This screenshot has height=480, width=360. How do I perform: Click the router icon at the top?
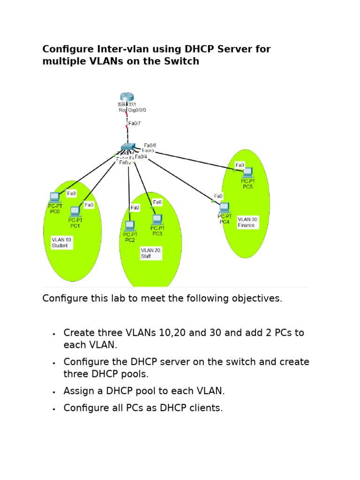click(x=127, y=97)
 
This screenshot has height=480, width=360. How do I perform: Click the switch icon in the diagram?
click(x=127, y=147)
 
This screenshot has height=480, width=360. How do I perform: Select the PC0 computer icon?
click(x=55, y=197)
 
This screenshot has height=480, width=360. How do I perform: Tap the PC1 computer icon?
click(x=75, y=211)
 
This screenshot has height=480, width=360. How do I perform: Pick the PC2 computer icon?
click(x=130, y=225)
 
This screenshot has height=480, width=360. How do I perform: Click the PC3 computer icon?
click(x=157, y=219)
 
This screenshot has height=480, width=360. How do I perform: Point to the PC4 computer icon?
click(x=225, y=207)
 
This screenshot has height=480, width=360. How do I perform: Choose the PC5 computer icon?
click(x=247, y=172)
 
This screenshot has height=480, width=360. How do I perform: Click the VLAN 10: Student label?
click(x=62, y=242)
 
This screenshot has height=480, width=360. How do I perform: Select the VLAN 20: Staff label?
click(x=151, y=253)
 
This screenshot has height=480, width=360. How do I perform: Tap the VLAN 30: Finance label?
click(x=248, y=222)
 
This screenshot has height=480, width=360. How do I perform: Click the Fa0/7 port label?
click(x=135, y=124)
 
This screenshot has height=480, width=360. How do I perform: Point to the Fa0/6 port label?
click(x=150, y=146)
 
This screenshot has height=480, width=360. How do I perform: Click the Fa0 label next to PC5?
click(x=240, y=165)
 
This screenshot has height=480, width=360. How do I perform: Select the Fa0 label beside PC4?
click(x=218, y=196)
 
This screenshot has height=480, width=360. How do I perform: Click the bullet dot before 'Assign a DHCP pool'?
click(x=54, y=392)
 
